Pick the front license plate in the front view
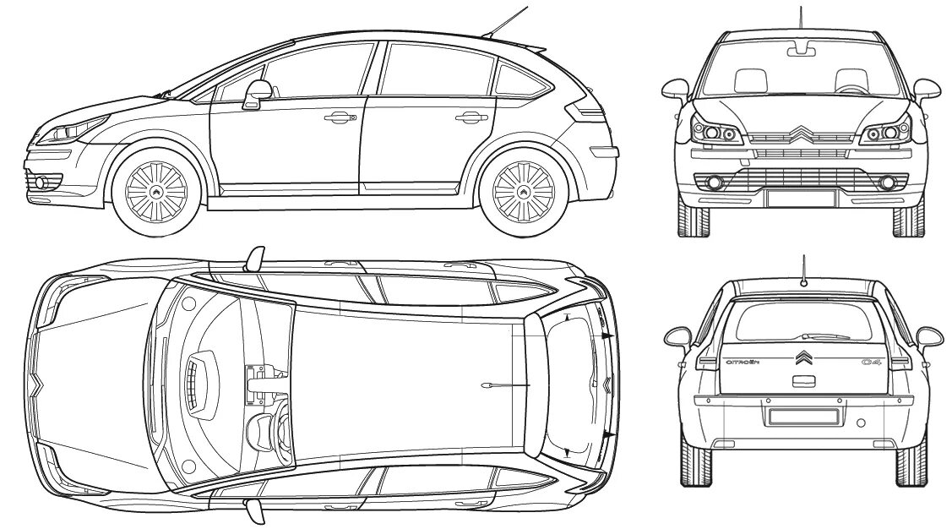click(801, 198)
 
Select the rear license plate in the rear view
click(802, 416)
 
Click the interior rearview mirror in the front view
click(801, 50)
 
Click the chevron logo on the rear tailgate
click(802, 357)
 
